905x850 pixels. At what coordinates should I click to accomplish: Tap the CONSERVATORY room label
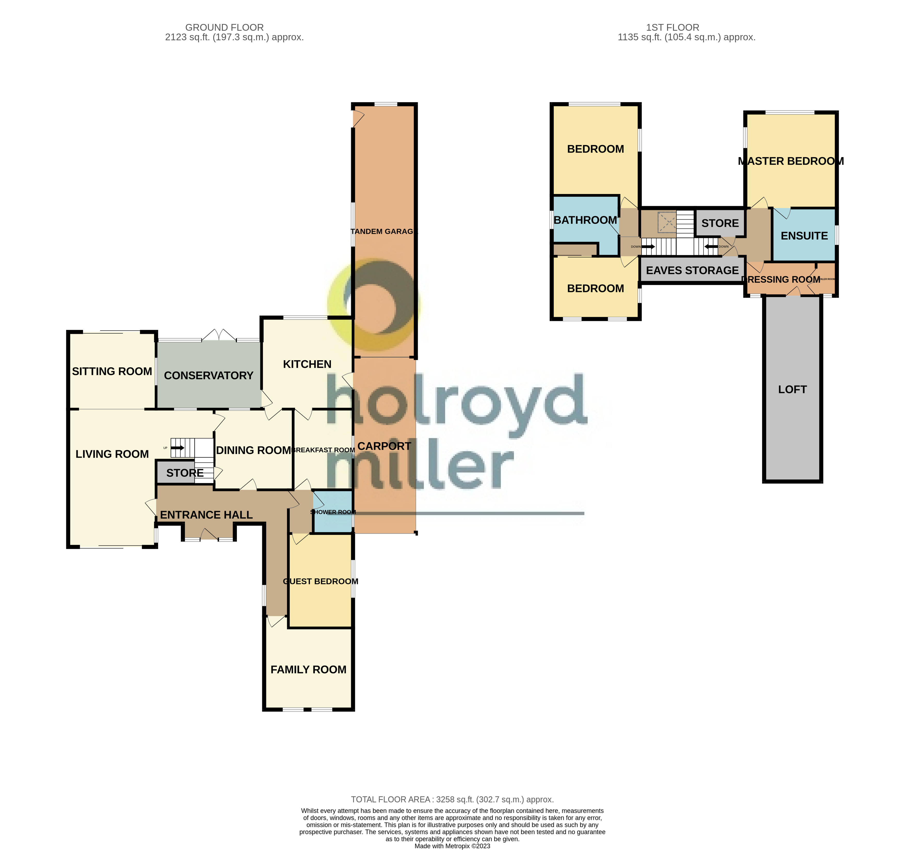[x=209, y=376]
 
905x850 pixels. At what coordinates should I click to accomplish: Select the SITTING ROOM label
[x=112, y=372]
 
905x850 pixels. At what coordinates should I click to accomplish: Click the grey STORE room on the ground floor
[x=184, y=472]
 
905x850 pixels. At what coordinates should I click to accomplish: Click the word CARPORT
[x=384, y=446]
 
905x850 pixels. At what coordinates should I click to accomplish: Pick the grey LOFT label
[x=792, y=389]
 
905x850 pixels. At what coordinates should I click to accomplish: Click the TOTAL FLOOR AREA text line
[x=452, y=799]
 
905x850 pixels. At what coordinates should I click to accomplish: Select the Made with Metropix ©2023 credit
[x=452, y=846]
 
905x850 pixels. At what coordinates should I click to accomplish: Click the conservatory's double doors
[x=219, y=336]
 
